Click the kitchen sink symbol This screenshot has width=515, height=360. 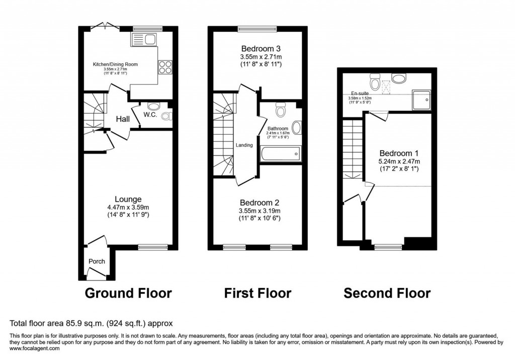click(x=145, y=39)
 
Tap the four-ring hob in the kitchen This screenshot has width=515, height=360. click(x=165, y=67)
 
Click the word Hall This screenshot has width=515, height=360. click(x=123, y=119)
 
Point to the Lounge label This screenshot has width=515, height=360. click(x=128, y=199)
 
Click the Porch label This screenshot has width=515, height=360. click(x=97, y=261)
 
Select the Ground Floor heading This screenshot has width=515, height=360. click(x=128, y=293)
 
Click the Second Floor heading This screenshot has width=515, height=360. click(x=387, y=293)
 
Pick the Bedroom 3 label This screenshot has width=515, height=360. click(x=260, y=49)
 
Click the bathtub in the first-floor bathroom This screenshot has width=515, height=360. click(x=280, y=154)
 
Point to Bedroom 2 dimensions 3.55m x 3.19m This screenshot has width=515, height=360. click(x=260, y=211)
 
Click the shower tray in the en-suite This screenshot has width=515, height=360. click(x=421, y=100)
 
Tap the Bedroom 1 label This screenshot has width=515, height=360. click(x=399, y=153)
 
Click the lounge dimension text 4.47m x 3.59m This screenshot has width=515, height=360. click(x=128, y=207)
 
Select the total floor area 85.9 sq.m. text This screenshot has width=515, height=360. click(x=92, y=323)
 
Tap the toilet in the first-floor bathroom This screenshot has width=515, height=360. click(x=281, y=108)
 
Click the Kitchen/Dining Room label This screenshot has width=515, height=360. click(x=115, y=64)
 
